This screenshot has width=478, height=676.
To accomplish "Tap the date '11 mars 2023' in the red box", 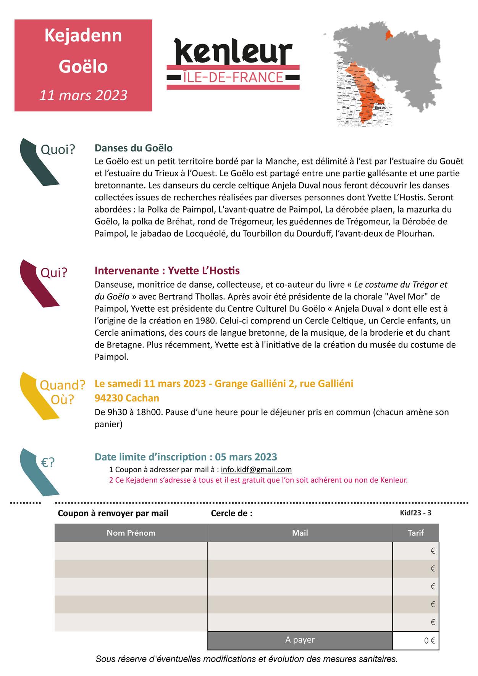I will click(83, 95).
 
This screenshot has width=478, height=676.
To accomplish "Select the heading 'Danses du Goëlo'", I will click(134, 148).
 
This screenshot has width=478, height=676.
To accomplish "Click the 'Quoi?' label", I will click(58, 150).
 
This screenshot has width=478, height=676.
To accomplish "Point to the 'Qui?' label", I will click(54, 273).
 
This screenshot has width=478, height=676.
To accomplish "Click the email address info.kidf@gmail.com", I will click(256, 470).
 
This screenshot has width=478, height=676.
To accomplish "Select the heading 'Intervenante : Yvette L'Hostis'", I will click(167, 271).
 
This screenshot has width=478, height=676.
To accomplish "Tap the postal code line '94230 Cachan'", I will click(127, 398).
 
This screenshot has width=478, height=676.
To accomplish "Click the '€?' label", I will click(48, 463).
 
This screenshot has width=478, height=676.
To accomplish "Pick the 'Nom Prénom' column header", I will click(131, 533).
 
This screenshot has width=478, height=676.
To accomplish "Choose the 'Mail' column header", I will click(300, 533).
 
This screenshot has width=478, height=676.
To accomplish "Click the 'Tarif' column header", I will click(415, 533).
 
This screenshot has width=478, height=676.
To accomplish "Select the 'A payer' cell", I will click(300, 640).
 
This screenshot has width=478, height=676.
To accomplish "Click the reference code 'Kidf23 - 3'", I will click(415, 513).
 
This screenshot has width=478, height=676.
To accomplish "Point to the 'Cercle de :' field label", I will click(231, 513).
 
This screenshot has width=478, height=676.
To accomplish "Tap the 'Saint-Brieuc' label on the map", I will click(380, 106).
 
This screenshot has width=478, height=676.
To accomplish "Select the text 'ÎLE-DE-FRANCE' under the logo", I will click(233, 77).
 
